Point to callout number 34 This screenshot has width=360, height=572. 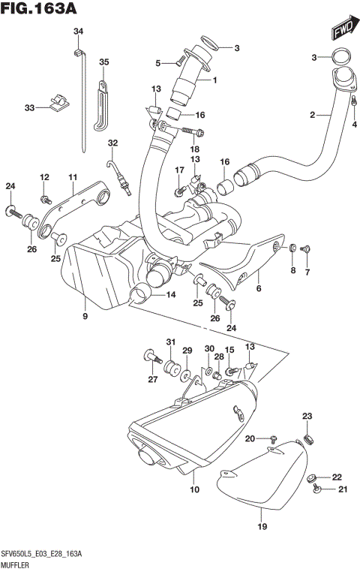click(78, 31)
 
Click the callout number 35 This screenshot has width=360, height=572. click(104, 62)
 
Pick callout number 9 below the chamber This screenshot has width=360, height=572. click(85, 318)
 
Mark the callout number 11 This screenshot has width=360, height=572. click(73, 177)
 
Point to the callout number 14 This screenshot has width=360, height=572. click(171, 295)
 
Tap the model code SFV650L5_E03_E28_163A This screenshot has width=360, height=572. click(43, 553)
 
